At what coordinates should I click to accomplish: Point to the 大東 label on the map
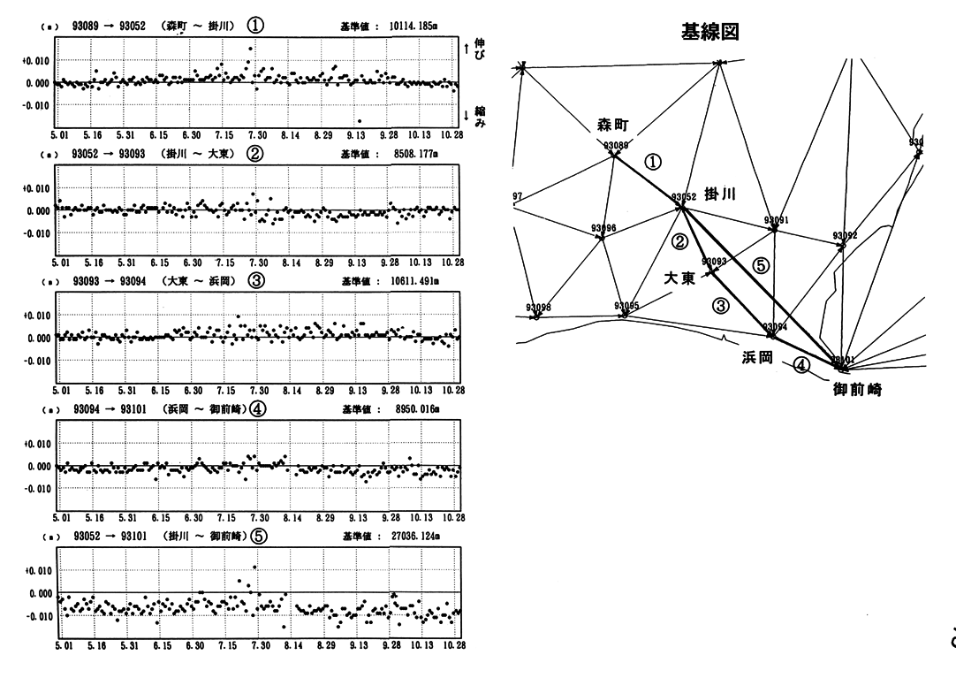(680, 278)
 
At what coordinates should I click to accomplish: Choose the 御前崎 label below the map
(860, 388)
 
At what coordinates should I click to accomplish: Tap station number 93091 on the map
(776, 219)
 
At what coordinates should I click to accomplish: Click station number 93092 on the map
(845, 236)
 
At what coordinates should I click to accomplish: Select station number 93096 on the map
(603, 229)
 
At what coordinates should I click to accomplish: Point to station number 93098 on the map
(538, 308)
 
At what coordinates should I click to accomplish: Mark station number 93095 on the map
(626, 305)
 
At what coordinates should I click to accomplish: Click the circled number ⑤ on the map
(760, 264)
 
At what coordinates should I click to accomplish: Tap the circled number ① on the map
(653, 162)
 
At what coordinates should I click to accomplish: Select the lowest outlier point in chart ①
(360, 121)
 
